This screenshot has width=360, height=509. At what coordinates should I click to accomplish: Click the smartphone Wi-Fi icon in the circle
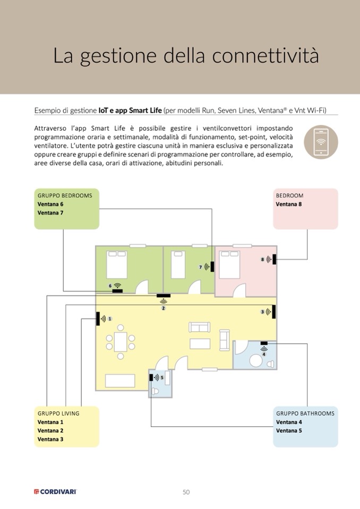click(x=321, y=142)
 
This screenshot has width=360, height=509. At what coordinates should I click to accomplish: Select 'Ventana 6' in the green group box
click(x=50, y=204)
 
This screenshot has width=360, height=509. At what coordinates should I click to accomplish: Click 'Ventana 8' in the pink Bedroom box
click(x=289, y=204)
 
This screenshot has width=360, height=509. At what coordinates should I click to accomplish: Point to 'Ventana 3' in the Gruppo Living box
click(x=50, y=439)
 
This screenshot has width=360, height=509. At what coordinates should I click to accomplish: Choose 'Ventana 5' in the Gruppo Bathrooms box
click(x=289, y=431)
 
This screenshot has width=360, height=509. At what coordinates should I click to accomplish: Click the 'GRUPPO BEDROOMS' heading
click(x=65, y=195)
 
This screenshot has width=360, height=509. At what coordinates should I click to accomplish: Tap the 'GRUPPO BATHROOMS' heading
click(x=305, y=413)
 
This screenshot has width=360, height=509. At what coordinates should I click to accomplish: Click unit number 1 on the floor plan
click(x=110, y=319)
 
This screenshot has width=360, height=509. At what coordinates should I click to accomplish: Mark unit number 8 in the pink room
click(x=262, y=260)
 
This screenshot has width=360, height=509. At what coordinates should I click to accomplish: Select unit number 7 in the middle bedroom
click(x=201, y=267)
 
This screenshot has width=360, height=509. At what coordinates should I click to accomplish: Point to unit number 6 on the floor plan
click(x=110, y=286)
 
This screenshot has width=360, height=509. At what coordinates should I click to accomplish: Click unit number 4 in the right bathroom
click(x=264, y=354)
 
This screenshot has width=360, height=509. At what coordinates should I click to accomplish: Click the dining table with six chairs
click(x=121, y=339)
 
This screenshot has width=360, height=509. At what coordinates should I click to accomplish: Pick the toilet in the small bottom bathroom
click(x=156, y=391)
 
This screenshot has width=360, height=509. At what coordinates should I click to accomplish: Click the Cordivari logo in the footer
click(x=55, y=492)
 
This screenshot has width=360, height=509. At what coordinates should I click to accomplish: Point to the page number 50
click(x=186, y=492)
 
